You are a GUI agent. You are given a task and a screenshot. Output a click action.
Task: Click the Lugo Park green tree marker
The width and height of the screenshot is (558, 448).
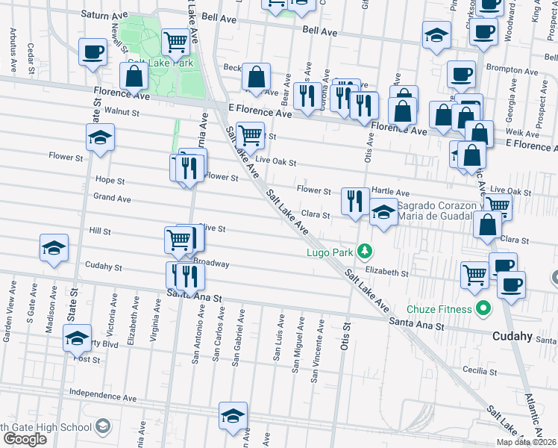[364, 250]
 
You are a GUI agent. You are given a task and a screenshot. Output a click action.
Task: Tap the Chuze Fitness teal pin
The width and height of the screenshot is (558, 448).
[483, 308]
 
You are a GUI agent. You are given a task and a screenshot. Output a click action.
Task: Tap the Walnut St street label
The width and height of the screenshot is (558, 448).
[122, 111]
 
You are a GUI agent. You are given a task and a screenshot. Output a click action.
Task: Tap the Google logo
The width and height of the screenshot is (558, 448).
[25, 438]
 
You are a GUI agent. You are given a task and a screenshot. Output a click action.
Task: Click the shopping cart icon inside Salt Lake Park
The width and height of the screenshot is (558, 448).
[175, 42]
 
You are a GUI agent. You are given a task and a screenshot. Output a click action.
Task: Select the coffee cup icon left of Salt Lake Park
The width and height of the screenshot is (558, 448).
[93, 52]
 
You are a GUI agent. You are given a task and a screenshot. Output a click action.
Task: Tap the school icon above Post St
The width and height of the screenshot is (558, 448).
[78, 337]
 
